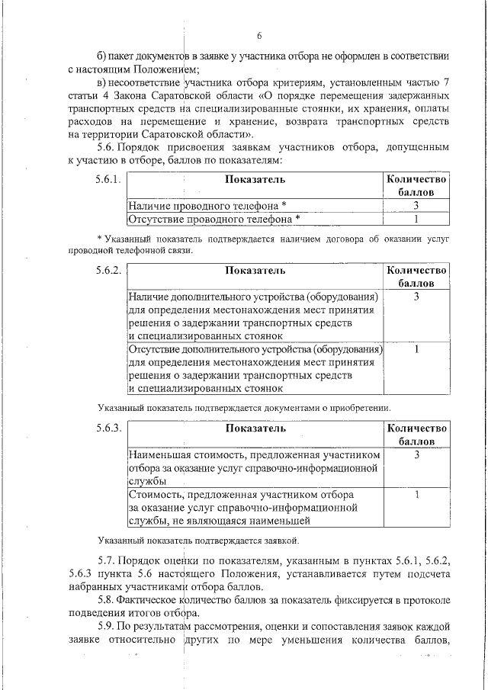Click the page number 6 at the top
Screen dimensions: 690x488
click(258, 36)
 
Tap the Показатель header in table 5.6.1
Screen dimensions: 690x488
click(255, 180)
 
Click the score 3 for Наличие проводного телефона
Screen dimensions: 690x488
click(416, 206)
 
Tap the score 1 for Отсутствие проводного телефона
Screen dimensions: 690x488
click(416, 219)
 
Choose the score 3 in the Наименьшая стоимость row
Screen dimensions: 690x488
click(416, 454)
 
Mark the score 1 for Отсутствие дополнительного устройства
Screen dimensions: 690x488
click(416, 349)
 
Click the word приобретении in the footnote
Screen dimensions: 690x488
click(360, 408)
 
